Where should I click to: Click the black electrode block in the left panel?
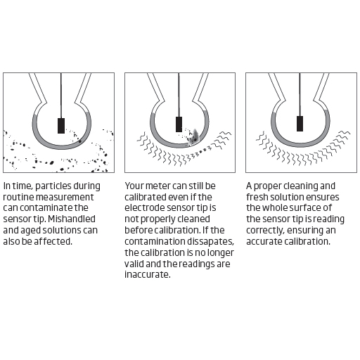61,126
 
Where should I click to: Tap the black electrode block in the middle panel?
179,124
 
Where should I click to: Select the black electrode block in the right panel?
300,124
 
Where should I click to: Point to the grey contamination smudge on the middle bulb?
195,137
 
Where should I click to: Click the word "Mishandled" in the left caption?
72,219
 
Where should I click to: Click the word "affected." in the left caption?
53,241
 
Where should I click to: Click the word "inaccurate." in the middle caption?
148,274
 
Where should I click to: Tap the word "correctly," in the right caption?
265,231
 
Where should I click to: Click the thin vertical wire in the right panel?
300,94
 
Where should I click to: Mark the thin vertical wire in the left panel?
61,96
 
